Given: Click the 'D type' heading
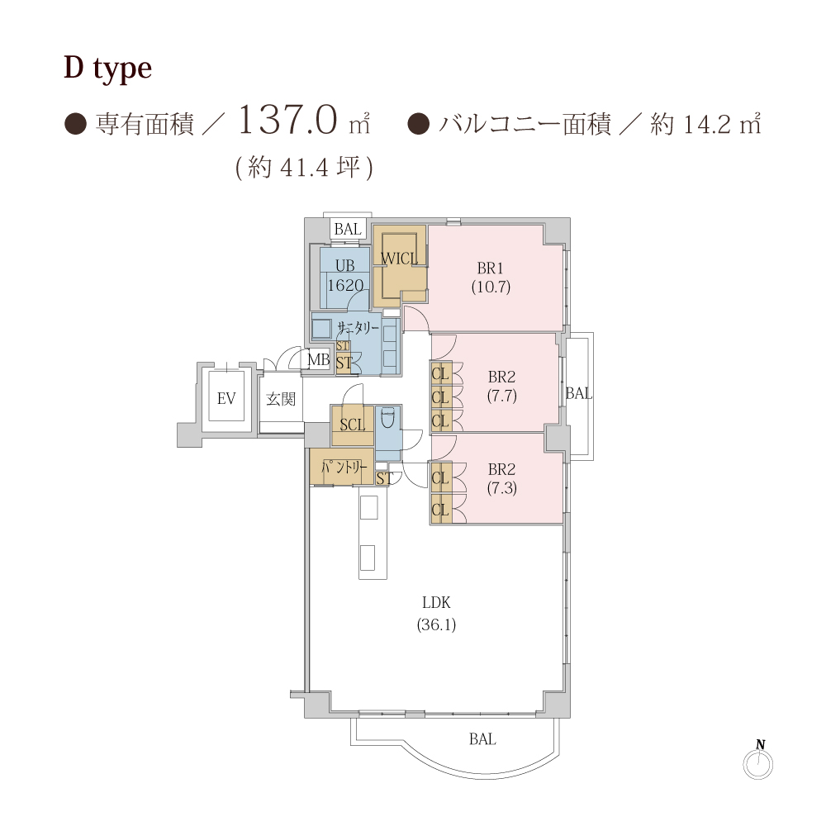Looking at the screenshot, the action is (x=108, y=69).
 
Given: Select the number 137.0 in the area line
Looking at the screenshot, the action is (x=287, y=120).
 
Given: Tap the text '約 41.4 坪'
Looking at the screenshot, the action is (x=304, y=168).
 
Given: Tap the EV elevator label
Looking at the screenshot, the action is (x=226, y=399).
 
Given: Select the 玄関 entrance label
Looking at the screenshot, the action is (x=281, y=399).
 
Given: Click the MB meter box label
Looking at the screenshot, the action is (x=318, y=360).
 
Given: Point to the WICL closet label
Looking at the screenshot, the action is (x=399, y=259).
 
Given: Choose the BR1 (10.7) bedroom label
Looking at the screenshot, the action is (x=491, y=277).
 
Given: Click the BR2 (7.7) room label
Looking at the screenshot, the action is (x=501, y=386).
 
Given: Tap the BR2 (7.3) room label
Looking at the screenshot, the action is (x=502, y=478).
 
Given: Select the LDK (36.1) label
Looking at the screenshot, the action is (x=436, y=613).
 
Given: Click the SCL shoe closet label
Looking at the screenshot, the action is (x=353, y=425).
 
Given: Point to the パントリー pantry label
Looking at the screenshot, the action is (x=344, y=467).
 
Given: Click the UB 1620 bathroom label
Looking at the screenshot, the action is (x=345, y=276).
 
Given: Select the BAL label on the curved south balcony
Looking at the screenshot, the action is (x=482, y=739).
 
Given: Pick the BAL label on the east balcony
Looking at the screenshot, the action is (x=579, y=393).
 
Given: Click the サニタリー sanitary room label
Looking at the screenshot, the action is (x=358, y=328).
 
